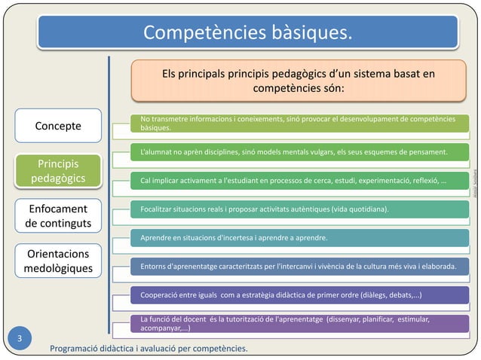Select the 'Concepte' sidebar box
(58, 125)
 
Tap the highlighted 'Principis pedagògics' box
(58, 171)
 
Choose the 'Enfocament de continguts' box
(58, 215)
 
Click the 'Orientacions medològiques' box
(58, 261)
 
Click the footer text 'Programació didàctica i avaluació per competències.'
(148, 349)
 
